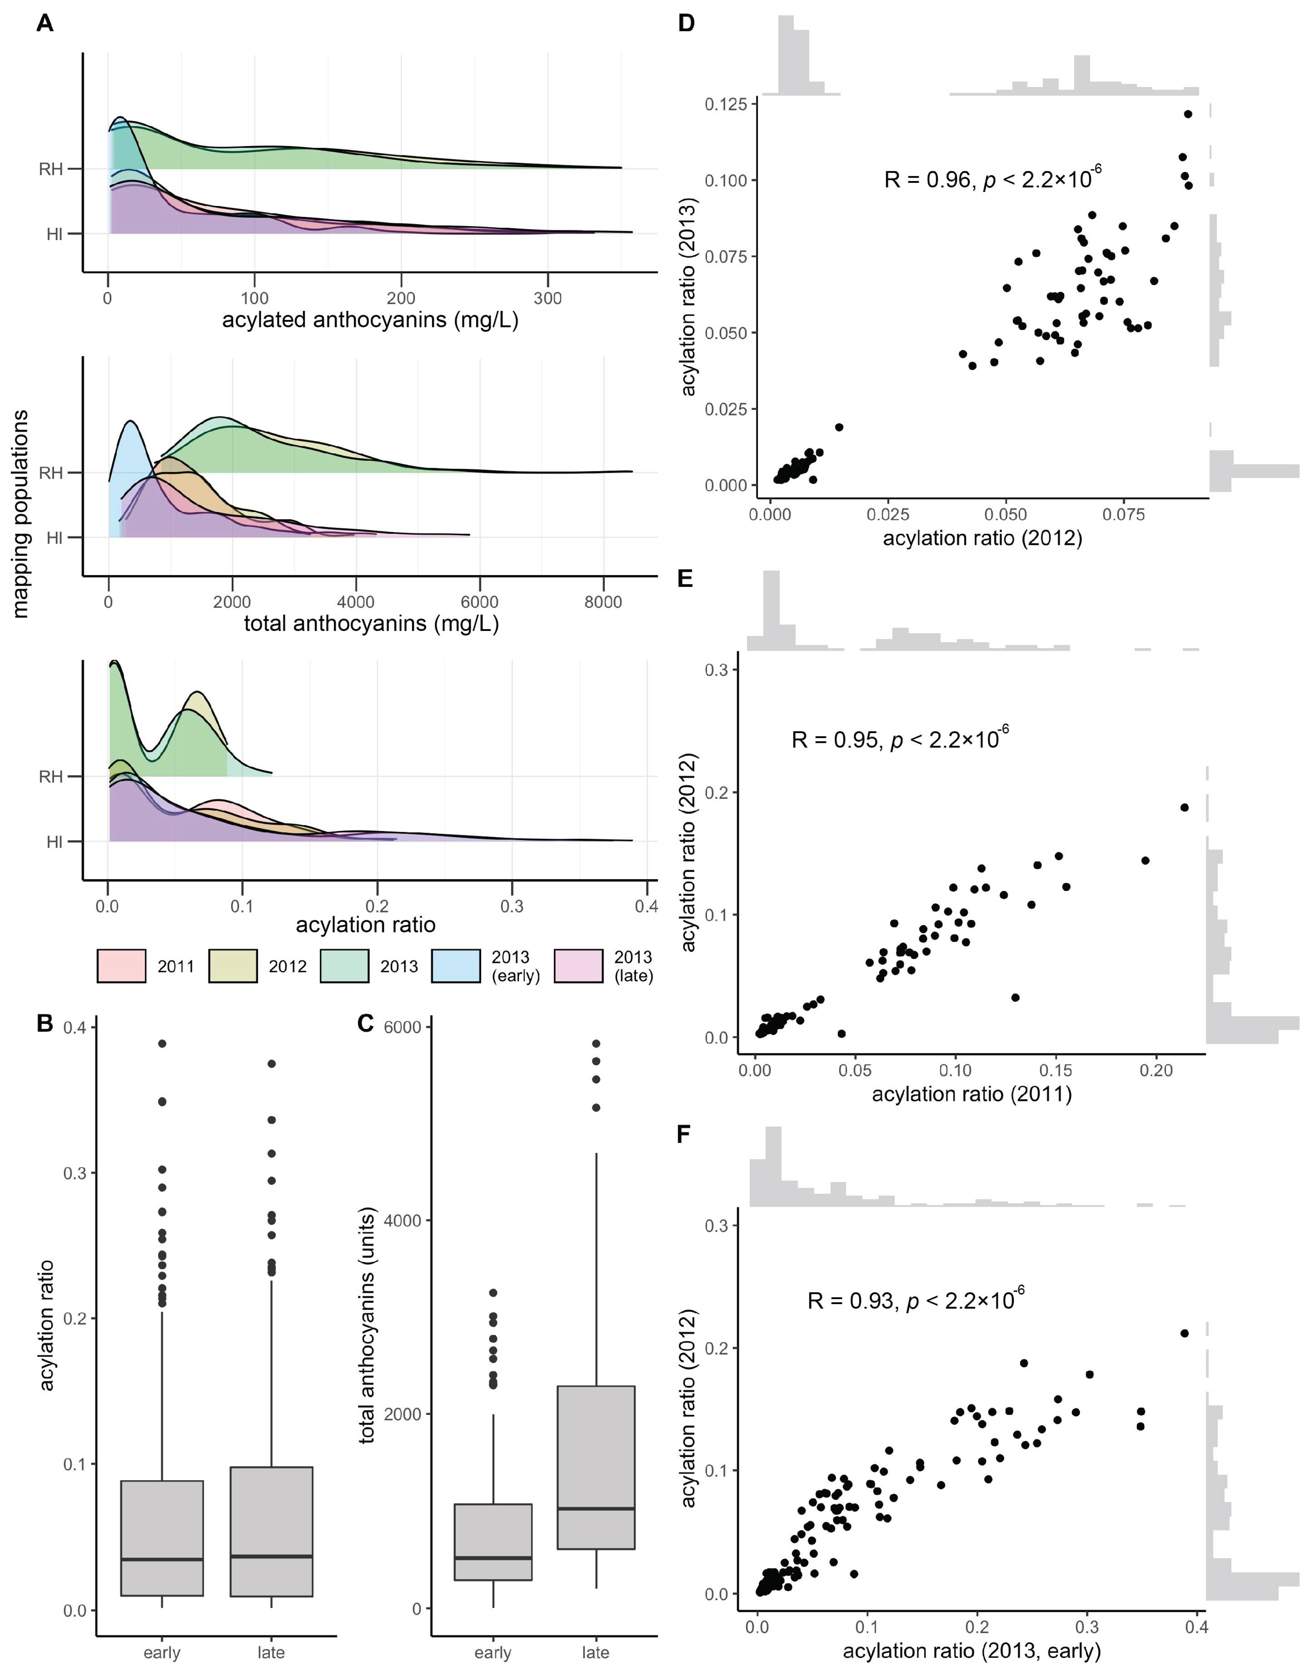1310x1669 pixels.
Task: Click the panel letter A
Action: click(45, 24)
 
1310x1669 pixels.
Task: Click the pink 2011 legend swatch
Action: click(121, 966)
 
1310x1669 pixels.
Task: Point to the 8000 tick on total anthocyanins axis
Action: click(603, 603)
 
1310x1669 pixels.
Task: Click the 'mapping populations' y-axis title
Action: click(21, 514)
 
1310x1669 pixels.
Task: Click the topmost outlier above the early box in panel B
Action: click(162, 1043)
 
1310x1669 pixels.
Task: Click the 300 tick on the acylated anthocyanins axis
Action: click(548, 298)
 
